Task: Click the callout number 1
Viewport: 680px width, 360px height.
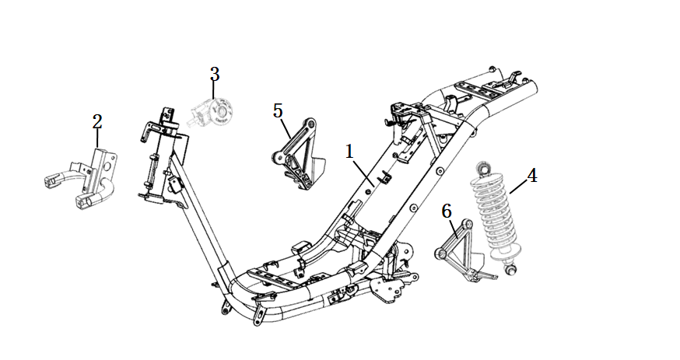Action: tap(349, 152)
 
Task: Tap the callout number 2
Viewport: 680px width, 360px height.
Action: tap(97, 122)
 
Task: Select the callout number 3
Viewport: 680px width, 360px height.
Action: tap(215, 75)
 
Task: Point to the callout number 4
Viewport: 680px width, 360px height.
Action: tap(532, 176)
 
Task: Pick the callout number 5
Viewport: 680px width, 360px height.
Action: tap(278, 111)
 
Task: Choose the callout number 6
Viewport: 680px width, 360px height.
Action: tap(447, 211)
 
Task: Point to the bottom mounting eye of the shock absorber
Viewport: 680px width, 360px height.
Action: tap(511, 270)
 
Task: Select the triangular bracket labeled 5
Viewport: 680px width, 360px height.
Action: tap(296, 153)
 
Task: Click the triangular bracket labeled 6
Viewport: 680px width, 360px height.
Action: tap(463, 250)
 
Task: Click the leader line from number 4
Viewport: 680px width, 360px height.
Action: tap(518, 187)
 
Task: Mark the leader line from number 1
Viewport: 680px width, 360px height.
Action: tap(362, 173)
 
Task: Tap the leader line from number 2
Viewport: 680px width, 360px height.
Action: tap(97, 140)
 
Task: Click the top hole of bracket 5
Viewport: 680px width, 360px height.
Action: tap(310, 124)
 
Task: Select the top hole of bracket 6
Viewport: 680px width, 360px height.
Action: tap(467, 224)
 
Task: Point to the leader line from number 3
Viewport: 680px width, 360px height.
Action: tap(213, 90)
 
